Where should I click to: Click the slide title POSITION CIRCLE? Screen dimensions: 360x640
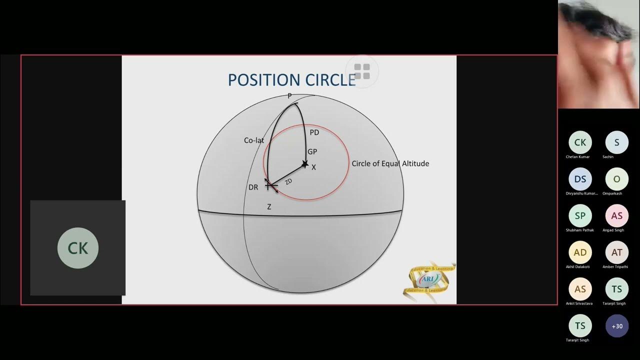[x=291, y=80]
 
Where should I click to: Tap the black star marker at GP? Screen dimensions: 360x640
[x=304, y=163]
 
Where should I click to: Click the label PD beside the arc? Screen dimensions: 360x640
[x=314, y=132]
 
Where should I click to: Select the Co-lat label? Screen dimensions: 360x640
[x=253, y=140]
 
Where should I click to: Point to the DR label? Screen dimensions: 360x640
[x=253, y=187]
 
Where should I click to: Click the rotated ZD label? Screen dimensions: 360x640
[x=288, y=182]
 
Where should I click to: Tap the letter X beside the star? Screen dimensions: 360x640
[x=313, y=167]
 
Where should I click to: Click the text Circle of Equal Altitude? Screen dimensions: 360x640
[x=390, y=163]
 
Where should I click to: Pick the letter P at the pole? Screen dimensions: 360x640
[x=289, y=95]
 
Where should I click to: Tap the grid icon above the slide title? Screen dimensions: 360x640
[x=361, y=71]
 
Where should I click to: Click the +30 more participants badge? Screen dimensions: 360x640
[x=617, y=326]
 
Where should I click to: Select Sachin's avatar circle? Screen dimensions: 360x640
[x=617, y=142]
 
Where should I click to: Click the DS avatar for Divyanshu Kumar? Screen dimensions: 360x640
[x=580, y=179]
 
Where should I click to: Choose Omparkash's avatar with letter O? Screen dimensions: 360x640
[x=617, y=179]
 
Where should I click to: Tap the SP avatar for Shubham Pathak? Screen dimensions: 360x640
[x=580, y=215]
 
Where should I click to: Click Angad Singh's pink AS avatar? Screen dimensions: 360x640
[x=617, y=215]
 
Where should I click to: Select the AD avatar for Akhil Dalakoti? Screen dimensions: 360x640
[x=580, y=252]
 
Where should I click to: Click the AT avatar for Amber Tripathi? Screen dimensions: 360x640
[x=617, y=252]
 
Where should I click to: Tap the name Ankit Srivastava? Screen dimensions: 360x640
[x=580, y=303]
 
